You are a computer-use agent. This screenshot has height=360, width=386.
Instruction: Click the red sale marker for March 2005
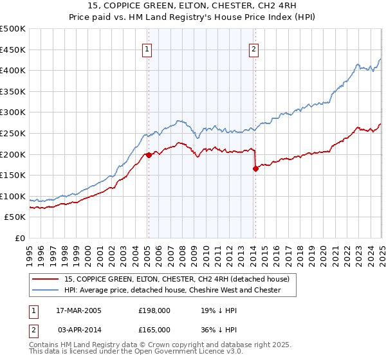(x=149, y=154)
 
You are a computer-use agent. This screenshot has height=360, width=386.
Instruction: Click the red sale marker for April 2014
(x=255, y=168)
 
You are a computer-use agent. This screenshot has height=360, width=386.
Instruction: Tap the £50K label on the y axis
(x=15, y=217)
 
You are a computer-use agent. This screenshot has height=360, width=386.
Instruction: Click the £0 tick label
(x=21, y=239)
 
